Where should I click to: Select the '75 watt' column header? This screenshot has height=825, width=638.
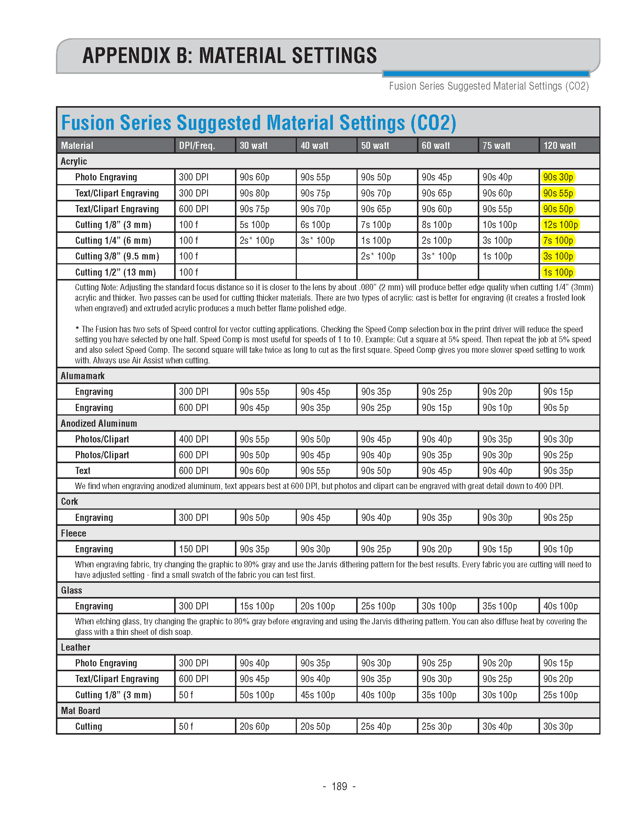[496, 145]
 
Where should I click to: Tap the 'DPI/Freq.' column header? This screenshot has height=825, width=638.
[197, 145]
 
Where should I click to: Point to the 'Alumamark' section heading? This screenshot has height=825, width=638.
[83, 376]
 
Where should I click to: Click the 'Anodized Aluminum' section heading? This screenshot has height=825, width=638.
[99, 423]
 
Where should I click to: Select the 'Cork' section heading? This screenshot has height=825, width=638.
[69, 502]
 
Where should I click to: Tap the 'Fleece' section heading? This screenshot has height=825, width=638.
[74, 533]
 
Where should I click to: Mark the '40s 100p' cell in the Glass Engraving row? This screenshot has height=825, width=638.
[560, 606]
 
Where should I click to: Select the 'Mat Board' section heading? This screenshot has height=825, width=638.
[81, 711]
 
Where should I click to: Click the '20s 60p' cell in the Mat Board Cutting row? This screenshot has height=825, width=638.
[254, 726]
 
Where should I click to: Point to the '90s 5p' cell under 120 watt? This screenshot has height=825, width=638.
[555, 408]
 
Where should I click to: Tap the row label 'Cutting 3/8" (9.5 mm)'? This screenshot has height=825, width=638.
[117, 256]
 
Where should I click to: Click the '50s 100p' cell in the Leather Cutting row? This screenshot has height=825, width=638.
[257, 694]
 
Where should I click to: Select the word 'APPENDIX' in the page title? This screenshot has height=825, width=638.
[126, 55]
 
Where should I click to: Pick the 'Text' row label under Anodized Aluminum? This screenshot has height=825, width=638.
[83, 471]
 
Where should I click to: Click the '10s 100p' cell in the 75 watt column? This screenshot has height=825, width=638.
[500, 225]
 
